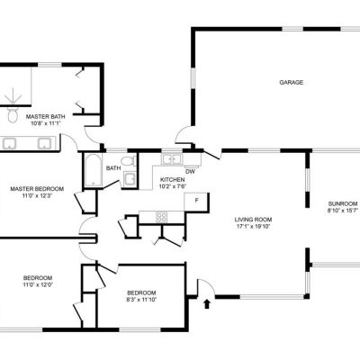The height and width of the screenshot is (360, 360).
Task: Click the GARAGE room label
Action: tap(291, 82)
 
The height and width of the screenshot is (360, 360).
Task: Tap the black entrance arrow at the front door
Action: tap(207, 303)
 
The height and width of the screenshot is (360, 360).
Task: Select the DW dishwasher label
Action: tap(190, 172)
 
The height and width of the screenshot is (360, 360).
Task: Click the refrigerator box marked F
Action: tap(196, 202)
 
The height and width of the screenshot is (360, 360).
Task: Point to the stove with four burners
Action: tap(161, 217)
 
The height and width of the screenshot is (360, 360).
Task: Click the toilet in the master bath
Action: tap(13, 115)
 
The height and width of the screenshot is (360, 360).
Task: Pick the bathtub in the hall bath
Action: tap(94, 170)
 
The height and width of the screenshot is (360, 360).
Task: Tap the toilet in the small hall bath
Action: tap(129, 161)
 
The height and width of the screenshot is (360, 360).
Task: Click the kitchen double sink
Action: tap(172, 159)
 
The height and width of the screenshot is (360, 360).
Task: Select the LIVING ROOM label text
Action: tap(253, 220)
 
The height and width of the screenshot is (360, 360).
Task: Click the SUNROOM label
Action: tap(342, 203)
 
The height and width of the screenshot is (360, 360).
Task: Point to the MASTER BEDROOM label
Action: tap(37, 189)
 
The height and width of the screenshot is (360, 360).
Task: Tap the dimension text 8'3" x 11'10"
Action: tap(141, 300)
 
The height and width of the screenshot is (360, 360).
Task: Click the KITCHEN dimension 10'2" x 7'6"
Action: tap(173, 186)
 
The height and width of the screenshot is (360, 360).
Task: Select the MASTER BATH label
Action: tap(45, 117)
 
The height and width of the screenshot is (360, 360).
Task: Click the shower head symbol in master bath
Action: tap(13, 96)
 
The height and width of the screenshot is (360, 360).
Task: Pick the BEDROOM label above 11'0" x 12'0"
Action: tap(38, 278)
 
